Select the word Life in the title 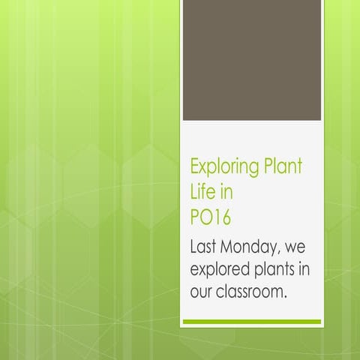(x=202, y=191)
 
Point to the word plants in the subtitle (x=280, y=269)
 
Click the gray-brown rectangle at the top (x=252, y=60)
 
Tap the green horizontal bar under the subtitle (x=252, y=322)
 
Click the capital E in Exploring (x=196, y=166)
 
